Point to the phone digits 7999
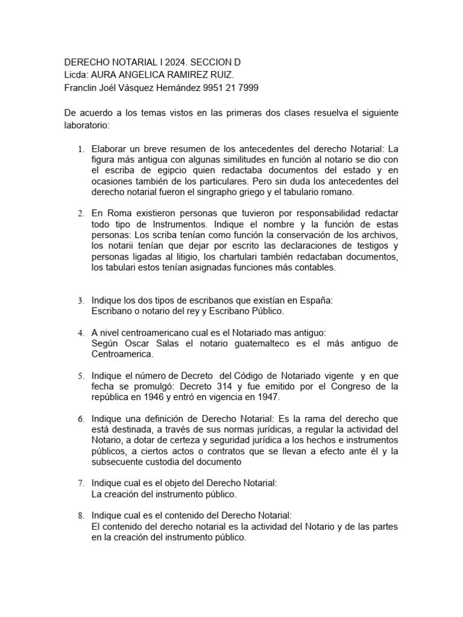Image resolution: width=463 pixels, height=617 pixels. point(247,87)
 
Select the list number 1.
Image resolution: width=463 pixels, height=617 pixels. point(82,149)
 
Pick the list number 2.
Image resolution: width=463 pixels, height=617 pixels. point(82,214)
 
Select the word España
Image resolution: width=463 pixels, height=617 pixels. point(315,300)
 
